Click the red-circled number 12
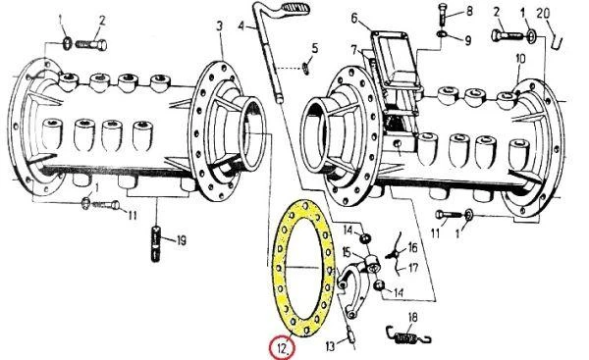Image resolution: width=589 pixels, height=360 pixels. pyautogui.click(x=282, y=348)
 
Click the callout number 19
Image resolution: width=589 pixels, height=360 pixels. pyautogui.click(x=181, y=240)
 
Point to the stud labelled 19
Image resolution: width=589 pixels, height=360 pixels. pyautogui.click(x=156, y=243)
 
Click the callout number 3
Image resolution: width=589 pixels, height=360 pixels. pyautogui.click(x=219, y=26)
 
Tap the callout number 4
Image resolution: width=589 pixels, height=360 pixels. pyautogui.click(x=241, y=26)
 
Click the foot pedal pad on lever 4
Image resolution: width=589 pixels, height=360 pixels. pyautogui.click(x=296, y=7)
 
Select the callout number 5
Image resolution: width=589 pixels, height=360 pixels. pyautogui.click(x=315, y=48)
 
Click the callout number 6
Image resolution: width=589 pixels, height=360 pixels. pyautogui.click(x=355, y=18)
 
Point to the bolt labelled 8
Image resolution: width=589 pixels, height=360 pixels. pyautogui.click(x=443, y=15)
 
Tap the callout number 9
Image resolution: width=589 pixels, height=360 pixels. pyautogui.click(x=467, y=40)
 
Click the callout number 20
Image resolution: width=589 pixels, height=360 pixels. pyautogui.click(x=543, y=14)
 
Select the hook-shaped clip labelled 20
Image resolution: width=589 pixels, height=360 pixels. pyautogui.click(x=557, y=38)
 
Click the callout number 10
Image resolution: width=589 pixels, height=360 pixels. pyautogui.click(x=520, y=59)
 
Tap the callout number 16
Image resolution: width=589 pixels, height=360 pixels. pyautogui.click(x=412, y=248)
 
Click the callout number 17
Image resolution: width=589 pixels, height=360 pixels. pyautogui.click(x=413, y=269)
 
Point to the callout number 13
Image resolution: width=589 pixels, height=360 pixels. pyautogui.click(x=330, y=346)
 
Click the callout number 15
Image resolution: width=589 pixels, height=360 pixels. pyautogui.click(x=346, y=253)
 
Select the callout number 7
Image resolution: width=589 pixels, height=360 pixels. pyautogui.click(x=353, y=50)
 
